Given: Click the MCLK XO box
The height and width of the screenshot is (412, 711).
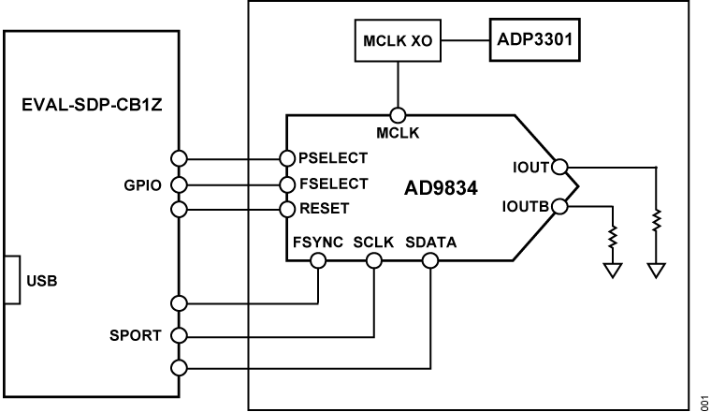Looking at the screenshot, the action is (x=398, y=40).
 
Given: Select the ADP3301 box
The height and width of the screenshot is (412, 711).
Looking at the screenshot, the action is (x=534, y=40).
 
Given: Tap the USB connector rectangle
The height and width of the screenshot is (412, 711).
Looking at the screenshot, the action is (x=12, y=280).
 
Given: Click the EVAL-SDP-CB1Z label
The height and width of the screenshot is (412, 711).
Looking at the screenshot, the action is (x=92, y=105).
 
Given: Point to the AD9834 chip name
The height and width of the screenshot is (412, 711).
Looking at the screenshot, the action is (x=441, y=188).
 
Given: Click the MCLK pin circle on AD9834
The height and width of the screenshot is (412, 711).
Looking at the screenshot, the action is (x=398, y=115).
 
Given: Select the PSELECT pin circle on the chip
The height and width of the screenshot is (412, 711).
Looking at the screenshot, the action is (x=287, y=158).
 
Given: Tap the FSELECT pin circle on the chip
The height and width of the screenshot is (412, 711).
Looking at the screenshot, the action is (x=287, y=184).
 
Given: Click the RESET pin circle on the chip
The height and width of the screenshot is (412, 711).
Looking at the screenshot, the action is (x=287, y=209).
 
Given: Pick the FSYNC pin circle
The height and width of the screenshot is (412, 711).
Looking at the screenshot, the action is (x=318, y=261).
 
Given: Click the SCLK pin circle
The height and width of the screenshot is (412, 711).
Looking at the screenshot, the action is (x=374, y=261).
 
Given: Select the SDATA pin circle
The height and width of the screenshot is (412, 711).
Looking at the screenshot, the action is (x=430, y=261).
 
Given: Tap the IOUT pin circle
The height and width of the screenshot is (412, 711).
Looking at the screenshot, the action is (x=560, y=167).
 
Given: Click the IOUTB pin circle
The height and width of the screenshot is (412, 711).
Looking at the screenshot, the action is (x=560, y=206).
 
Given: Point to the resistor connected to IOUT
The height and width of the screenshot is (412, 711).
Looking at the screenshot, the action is (x=656, y=221).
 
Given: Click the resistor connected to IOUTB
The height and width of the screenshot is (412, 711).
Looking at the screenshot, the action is (x=613, y=236).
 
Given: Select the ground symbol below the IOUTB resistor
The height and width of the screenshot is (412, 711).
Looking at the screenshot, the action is (x=613, y=271).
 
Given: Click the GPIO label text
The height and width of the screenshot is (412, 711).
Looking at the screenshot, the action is (x=142, y=185).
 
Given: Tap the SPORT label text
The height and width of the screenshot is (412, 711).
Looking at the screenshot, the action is (x=135, y=335).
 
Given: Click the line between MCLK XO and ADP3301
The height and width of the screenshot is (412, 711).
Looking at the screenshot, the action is (x=465, y=40).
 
